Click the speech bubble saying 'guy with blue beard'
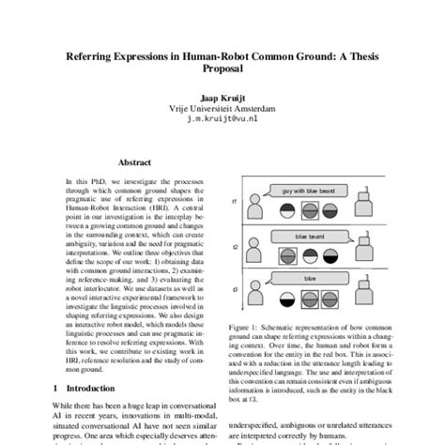click(x=307, y=192)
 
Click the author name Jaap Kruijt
click(x=222, y=97)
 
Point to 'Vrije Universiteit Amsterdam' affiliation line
click(x=222, y=107)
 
